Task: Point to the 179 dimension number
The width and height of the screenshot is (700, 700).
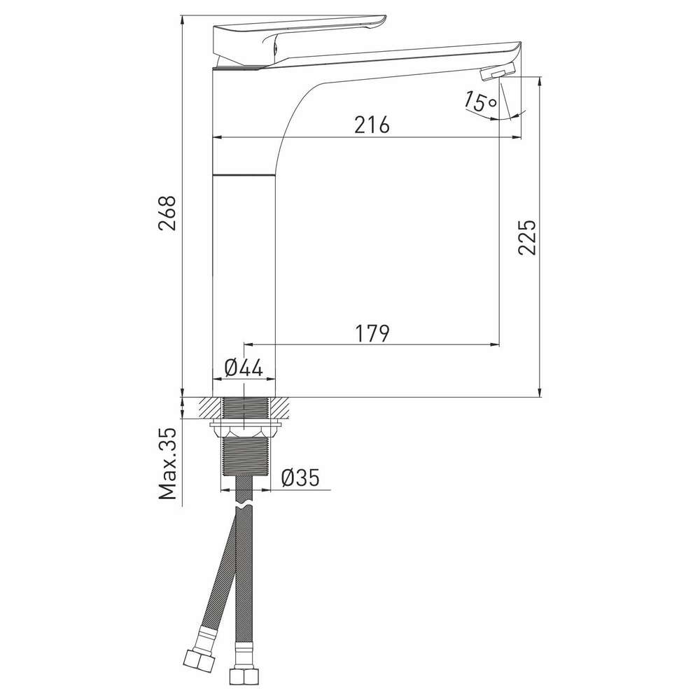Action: coord(371,333)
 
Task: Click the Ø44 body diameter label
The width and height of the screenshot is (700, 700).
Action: coord(244,367)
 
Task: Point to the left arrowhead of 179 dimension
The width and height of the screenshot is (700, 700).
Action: coord(246,344)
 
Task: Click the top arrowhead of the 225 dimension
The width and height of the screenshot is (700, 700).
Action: coord(540,80)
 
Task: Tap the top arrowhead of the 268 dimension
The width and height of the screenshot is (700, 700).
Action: coord(181,19)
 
